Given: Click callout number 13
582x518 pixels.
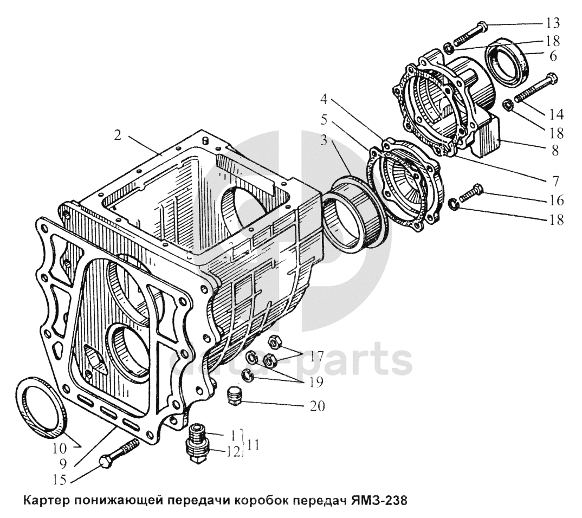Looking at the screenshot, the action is pyautogui.click(x=553, y=23).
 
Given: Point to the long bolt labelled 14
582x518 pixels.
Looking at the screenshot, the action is pyautogui.click(x=534, y=88).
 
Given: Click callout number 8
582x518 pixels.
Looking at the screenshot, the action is pyautogui.click(x=555, y=151).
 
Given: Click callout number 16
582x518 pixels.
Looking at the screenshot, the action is pyautogui.click(x=555, y=200).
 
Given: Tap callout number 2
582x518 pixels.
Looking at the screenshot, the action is pyautogui.click(x=117, y=135).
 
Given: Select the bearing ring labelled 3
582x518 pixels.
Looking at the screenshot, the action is pyautogui.click(x=350, y=213).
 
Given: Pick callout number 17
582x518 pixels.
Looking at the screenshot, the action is pyautogui.click(x=316, y=357).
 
